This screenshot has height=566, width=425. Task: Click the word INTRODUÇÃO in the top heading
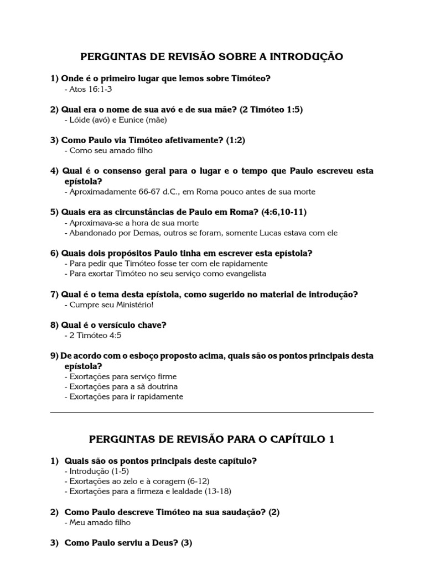pyautogui.click(x=305, y=57)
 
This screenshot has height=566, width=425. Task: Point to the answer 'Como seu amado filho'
pyautogui.click(x=108, y=150)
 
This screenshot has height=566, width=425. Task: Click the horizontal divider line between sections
pyautogui.click(x=212, y=412)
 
